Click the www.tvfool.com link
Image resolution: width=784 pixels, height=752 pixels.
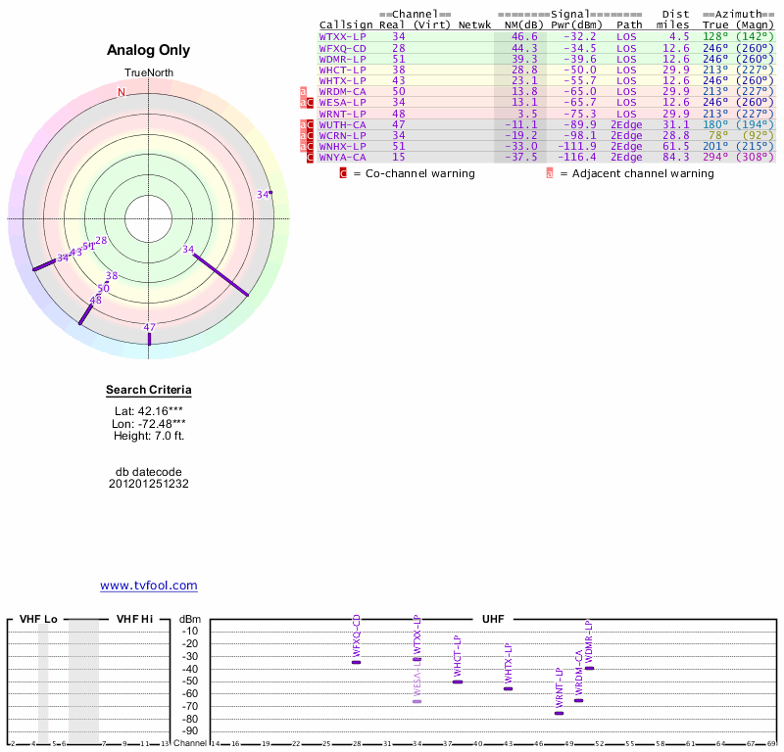[149, 586]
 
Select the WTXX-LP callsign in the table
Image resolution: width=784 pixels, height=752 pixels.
[342, 36]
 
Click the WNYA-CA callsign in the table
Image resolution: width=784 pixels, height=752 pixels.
[342, 157]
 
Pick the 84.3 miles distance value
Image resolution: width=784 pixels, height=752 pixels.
[675, 157]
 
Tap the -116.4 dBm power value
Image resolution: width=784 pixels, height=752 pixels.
[576, 157]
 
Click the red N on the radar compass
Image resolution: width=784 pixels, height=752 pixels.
[122, 92]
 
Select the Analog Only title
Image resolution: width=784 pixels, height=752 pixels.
[149, 50]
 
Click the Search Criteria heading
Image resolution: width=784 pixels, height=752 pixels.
[149, 390]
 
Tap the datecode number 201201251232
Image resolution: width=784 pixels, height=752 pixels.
[149, 483]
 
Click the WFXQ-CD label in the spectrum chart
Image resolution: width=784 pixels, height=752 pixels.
[357, 635]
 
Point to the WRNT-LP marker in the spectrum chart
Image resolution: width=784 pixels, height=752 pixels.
[560, 713]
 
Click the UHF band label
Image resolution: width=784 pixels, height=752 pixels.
[492, 619]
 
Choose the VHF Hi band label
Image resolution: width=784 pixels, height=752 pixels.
[134, 619]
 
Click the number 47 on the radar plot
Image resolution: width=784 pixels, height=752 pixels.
[150, 327]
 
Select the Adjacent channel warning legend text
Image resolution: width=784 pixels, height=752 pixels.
[636, 173]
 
